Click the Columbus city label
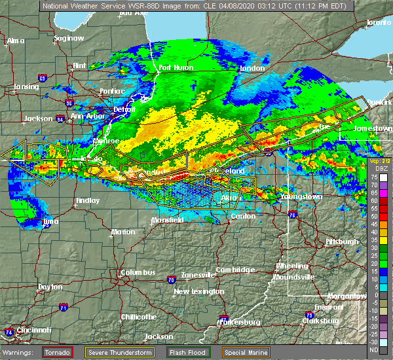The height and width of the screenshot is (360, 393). pos(138,272)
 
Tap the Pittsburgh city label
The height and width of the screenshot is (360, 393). pos(341,242)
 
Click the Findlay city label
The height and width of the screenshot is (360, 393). pos(88,200)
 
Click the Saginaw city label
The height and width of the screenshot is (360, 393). pos(69,38)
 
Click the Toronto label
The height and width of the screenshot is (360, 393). pos(378,22)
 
